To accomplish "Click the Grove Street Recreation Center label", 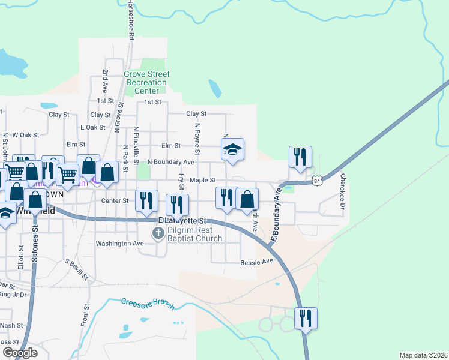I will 147,82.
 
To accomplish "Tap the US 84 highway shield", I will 317,180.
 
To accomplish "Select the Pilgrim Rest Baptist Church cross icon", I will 158,233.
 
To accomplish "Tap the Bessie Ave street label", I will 256,262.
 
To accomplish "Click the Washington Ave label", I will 120,244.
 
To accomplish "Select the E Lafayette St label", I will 181,221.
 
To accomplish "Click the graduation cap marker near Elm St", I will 232,150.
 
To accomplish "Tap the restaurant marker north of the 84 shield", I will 300,157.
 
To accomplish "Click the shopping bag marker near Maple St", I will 247,199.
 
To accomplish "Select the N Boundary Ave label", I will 170,162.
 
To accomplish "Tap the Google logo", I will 20,353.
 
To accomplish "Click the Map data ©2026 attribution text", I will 424,355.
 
